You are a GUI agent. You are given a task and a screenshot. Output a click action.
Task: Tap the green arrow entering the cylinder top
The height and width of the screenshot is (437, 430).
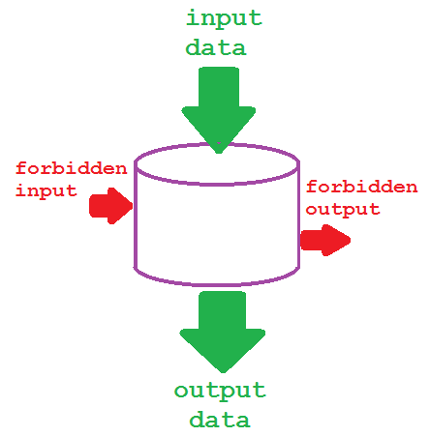coord(219,106)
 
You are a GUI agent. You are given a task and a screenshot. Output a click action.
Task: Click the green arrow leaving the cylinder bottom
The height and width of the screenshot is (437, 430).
coord(222,329)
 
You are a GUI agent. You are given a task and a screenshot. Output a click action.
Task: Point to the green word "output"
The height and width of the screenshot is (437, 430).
coord(220,392)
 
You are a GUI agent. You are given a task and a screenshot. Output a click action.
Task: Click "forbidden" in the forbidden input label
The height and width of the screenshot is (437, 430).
coord(71,168)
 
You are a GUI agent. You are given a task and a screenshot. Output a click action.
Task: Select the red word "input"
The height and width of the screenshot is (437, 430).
coord(46,190)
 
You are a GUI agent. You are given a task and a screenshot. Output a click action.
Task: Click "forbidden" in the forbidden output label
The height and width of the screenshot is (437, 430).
coord(361,188)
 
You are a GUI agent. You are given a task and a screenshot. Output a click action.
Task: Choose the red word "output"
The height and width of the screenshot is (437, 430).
coord(343,209)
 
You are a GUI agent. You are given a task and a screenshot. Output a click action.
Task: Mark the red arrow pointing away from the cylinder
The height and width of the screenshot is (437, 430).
coord(325,239)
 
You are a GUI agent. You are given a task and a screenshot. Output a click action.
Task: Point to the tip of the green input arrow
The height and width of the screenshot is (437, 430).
coord(220,150)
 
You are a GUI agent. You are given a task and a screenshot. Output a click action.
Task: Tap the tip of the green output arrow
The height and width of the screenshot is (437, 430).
coord(223,369)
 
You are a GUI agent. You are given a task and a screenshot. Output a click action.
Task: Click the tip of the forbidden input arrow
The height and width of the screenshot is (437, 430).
coord(131,205)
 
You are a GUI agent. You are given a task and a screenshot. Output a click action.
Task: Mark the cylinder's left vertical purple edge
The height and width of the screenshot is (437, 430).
coord(136,222)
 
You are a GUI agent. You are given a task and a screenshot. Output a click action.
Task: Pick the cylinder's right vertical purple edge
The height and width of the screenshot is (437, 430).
coord(296,222)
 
